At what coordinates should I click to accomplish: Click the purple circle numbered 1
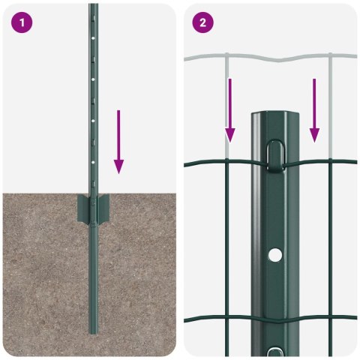[22, 22]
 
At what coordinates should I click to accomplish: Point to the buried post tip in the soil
[93, 330]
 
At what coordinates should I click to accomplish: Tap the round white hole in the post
[276, 256]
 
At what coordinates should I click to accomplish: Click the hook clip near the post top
[276, 154]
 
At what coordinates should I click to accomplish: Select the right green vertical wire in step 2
[330, 247]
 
